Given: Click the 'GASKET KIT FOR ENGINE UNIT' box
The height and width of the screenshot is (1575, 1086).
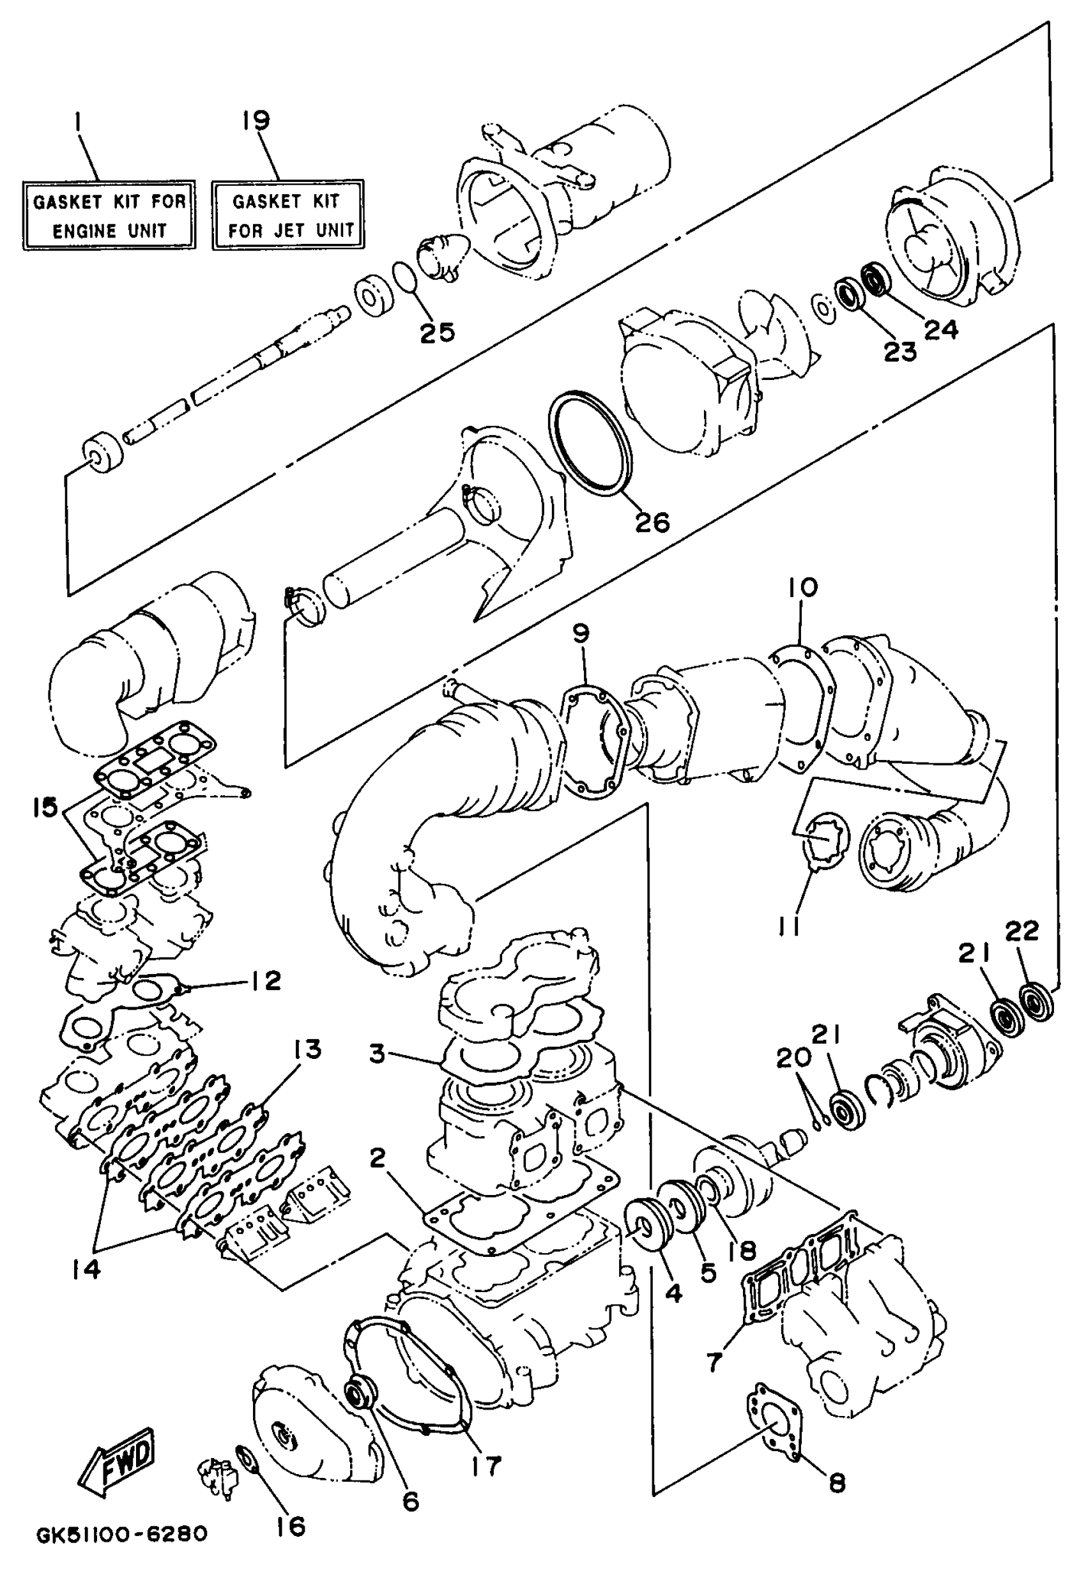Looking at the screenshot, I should point(109,215).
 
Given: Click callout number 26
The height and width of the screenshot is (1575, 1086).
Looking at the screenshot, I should point(652,522).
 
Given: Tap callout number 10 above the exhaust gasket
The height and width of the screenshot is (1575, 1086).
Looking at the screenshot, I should point(803,586).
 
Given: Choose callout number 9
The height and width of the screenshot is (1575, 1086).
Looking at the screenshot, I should point(581,634).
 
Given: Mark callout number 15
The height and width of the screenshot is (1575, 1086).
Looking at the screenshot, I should point(45,810).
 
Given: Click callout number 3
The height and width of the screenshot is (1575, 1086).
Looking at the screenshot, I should point(378,1054).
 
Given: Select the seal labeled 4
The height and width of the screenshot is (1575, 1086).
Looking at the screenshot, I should point(643,1225).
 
